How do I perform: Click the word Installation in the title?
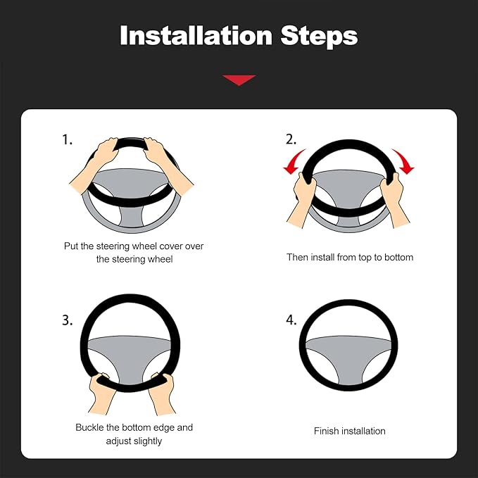(x=196, y=35)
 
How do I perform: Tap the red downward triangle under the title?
(x=239, y=80)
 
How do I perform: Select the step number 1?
(x=67, y=140)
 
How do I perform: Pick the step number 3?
(x=68, y=320)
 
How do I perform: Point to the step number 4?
(x=291, y=320)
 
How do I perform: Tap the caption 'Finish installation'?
(x=349, y=431)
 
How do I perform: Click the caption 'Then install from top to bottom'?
(x=349, y=258)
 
